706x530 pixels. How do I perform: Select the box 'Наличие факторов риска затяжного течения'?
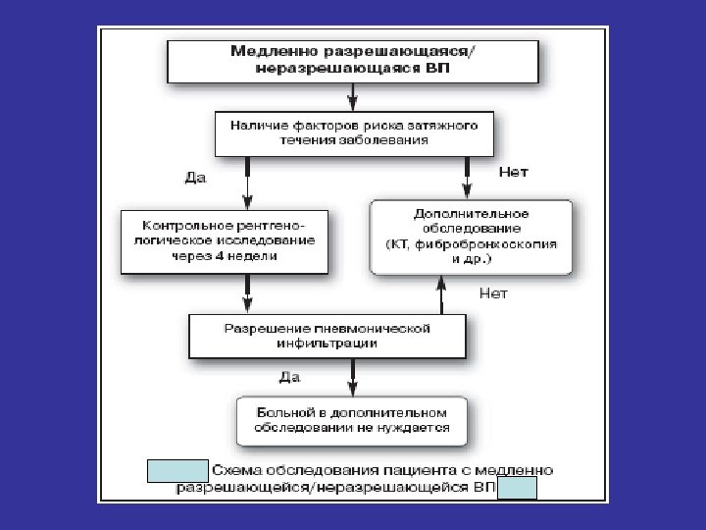(x=353, y=132)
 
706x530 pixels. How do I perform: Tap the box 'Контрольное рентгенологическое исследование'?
(x=224, y=240)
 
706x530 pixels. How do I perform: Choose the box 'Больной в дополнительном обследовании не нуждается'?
(x=352, y=420)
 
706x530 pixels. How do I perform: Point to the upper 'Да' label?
(x=196, y=178)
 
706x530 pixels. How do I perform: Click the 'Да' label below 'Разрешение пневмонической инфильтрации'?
(x=289, y=377)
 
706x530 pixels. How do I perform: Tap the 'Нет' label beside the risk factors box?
(x=514, y=172)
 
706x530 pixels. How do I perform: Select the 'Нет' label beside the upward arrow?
(x=493, y=291)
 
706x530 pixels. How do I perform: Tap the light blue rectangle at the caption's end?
(x=518, y=487)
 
